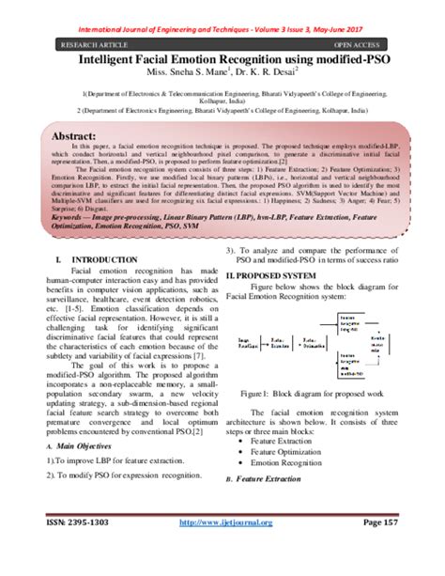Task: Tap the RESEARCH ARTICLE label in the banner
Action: [95, 43]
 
